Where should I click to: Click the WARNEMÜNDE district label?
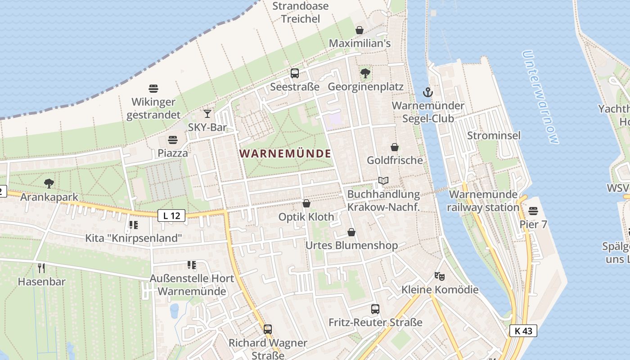[285, 153]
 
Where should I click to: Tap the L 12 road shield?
[171, 216]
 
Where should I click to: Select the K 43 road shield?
[523, 331]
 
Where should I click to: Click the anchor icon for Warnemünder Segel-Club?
[427, 92]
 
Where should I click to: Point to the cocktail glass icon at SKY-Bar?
[207, 113]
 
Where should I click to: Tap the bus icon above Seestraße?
[295, 73]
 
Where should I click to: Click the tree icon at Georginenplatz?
[365, 73]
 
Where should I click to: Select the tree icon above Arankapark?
[49, 183]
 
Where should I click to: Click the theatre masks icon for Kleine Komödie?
[439, 276]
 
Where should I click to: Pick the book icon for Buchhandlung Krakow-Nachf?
[383, 181]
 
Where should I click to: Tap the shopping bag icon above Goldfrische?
[395, 147]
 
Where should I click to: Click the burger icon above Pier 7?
[533, 211]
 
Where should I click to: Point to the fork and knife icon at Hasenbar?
[41, 268]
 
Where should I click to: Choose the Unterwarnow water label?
[540, 97]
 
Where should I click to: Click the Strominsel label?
[494, 135]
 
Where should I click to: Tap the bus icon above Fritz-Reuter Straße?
[375, 309]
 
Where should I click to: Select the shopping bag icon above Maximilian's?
[360, 30]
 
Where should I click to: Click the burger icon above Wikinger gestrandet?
[153, 88]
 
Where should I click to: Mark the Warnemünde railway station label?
[483, 201]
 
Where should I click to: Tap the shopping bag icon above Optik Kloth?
[306, 203]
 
